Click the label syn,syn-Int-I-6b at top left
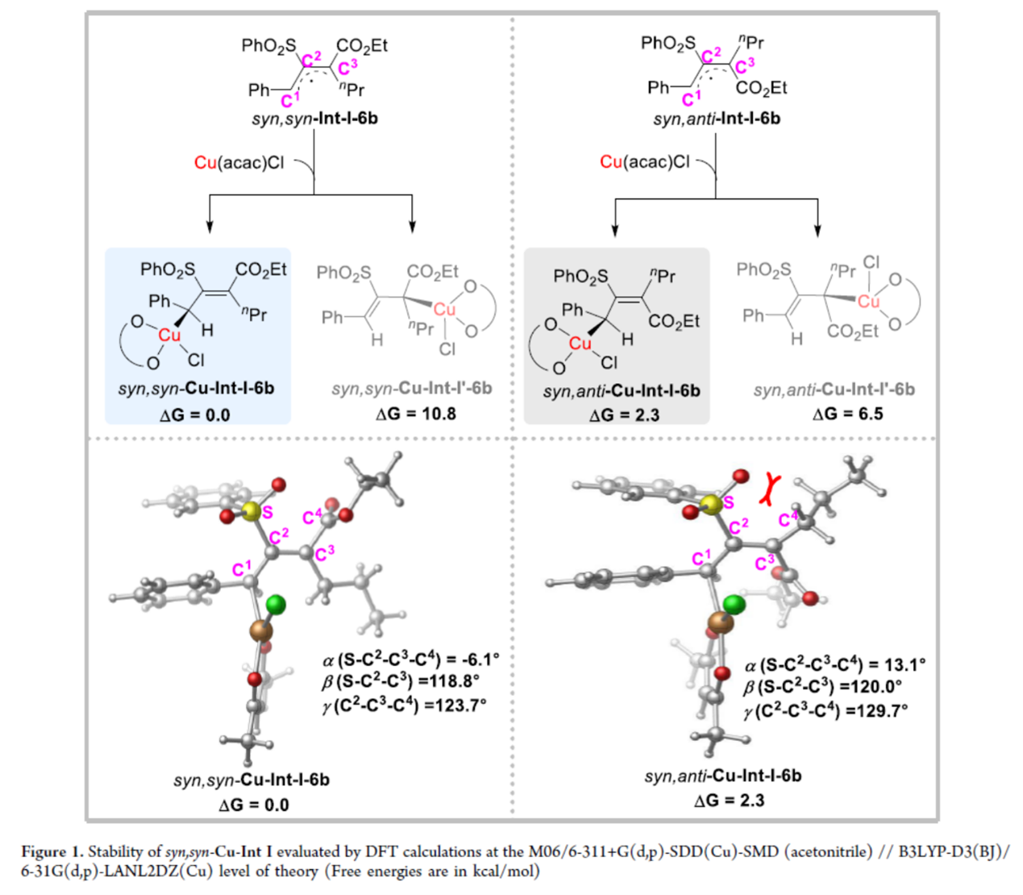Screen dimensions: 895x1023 point(314,119)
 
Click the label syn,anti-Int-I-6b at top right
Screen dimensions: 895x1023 point(716,119)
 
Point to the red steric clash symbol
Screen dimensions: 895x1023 point(771,489)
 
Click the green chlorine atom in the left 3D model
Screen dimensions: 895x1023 point(276,604)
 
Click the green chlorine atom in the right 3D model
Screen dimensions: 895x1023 point(734,604)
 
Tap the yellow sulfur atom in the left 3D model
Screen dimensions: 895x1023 point(252,510)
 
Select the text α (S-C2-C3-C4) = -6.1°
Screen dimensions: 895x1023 point(410,659)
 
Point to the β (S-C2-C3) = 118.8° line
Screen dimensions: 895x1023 point(401,681)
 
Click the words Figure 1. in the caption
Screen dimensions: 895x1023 point(52,851)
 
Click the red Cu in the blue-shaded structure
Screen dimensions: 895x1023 point(169,335)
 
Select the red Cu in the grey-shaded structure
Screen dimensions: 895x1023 point(580,343)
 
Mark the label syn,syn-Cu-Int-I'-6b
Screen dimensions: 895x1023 point(411,389)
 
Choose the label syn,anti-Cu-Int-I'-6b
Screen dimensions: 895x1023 point(834,389)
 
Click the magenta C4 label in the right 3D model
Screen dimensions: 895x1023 point(788,519)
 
